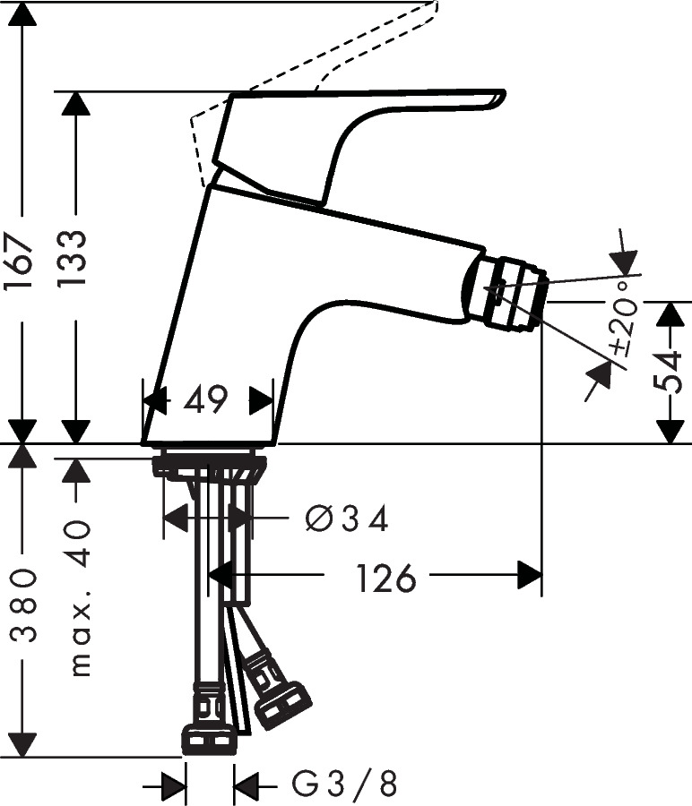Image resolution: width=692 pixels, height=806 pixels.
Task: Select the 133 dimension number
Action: click(x=76, y=258)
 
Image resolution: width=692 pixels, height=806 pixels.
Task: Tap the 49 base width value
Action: click(x=207, y=399)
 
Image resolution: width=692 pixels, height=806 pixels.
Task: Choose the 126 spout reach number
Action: click(x=386, y=579)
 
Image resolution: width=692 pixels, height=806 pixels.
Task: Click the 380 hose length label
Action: click(x=22, y=606)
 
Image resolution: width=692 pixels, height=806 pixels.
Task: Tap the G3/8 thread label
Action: click(x=345, y=785)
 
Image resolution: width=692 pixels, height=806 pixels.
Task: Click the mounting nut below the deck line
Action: click(x=210, y=466)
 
